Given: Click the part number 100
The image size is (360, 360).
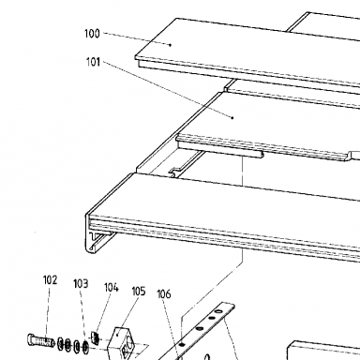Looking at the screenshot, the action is (x=92, y=34).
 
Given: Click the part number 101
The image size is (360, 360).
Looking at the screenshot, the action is (x=93, y=62).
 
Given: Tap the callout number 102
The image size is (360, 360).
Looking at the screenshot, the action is (x=50, y=280).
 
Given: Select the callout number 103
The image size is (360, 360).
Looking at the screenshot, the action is (x=81, y=284).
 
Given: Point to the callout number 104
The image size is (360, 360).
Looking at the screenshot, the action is (x=112, y=287).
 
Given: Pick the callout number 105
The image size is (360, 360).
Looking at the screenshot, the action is (x=139, y=292).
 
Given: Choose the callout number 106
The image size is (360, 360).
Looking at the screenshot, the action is (x=164, y=294).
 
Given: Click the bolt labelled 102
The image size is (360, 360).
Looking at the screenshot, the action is (x=40, y=340).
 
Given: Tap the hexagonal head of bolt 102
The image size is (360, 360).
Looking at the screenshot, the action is (x=30, y=339).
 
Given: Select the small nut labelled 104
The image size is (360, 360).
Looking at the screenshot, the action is (x=95, y=337).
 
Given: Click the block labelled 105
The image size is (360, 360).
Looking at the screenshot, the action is (x=122, y=343).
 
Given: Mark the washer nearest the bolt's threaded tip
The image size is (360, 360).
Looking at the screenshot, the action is (x=61, y=344).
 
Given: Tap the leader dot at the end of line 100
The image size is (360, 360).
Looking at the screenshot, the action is (x=171, y=45).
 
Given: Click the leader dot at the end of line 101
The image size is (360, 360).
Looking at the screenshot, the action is (x=232, y=118).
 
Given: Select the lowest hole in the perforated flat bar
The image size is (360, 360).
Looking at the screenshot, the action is (x=182, y=344).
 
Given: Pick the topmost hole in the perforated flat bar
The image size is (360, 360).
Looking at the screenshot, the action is (x=218, y=311).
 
